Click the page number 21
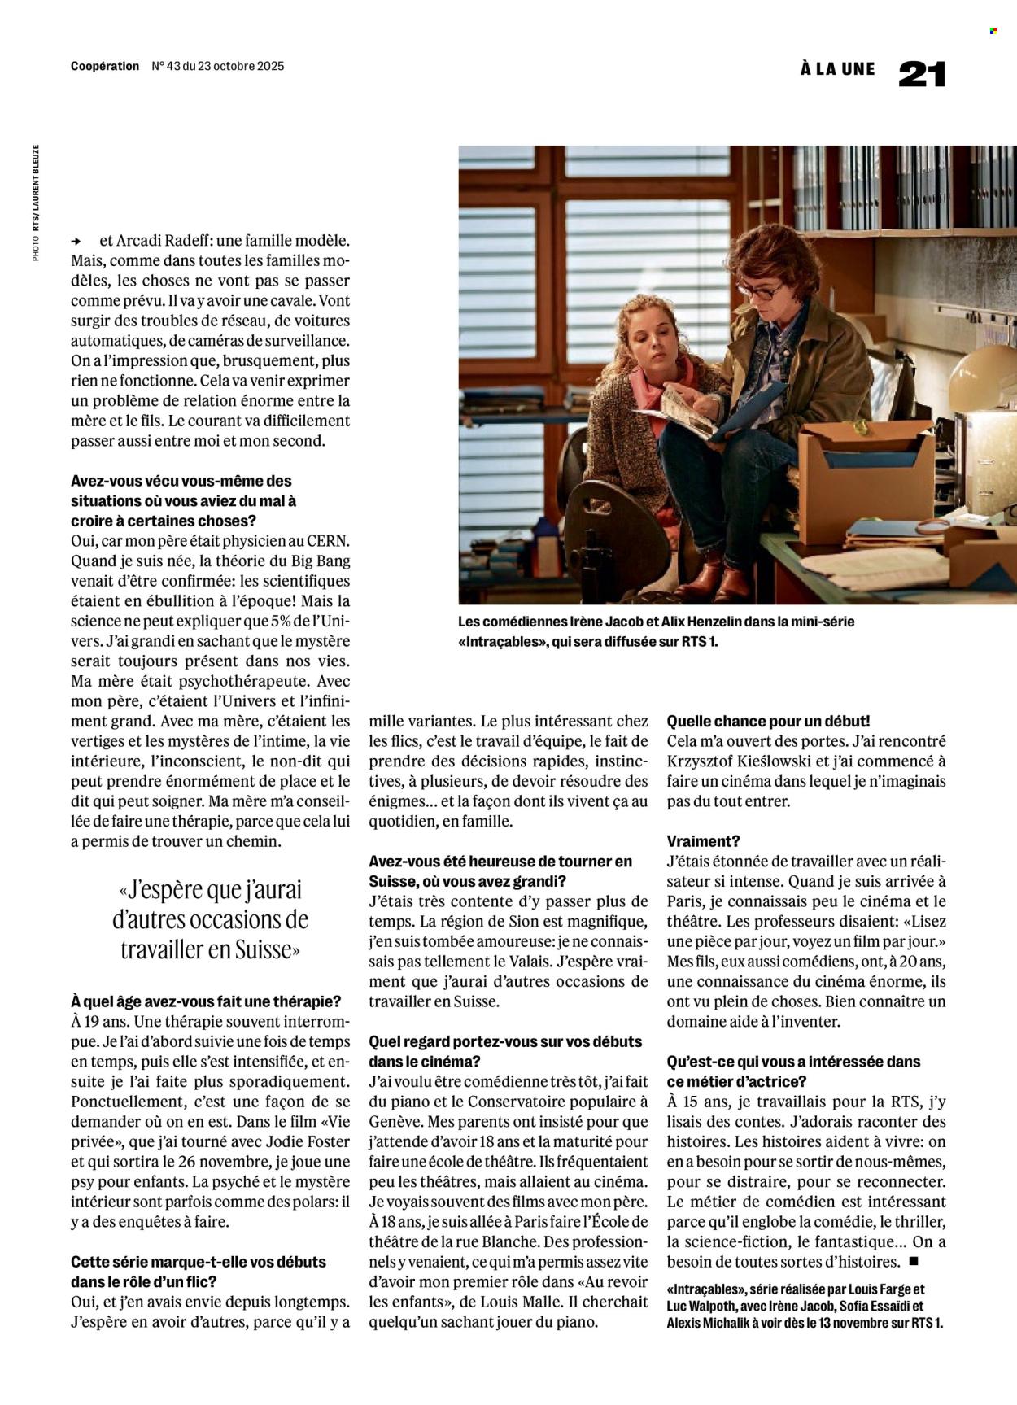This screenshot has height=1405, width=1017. (922, 74)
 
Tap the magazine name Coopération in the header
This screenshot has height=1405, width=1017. (105, 67)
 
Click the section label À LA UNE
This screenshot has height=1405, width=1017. (837, 69)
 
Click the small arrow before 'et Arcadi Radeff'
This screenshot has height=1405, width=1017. (76, 242)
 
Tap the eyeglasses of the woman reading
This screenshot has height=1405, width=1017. (761, 290)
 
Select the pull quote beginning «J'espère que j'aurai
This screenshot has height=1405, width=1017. (210, 919)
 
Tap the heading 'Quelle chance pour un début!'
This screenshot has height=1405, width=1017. (768, 721)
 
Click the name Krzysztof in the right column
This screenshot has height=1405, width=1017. (705, 761)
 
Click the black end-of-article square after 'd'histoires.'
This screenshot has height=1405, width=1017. (914, 1261)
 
